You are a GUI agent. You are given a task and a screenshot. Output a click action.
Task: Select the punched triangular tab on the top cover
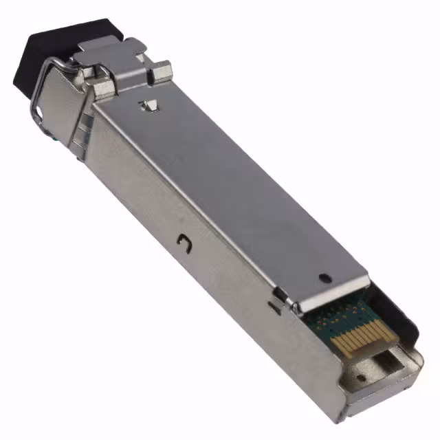146,106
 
